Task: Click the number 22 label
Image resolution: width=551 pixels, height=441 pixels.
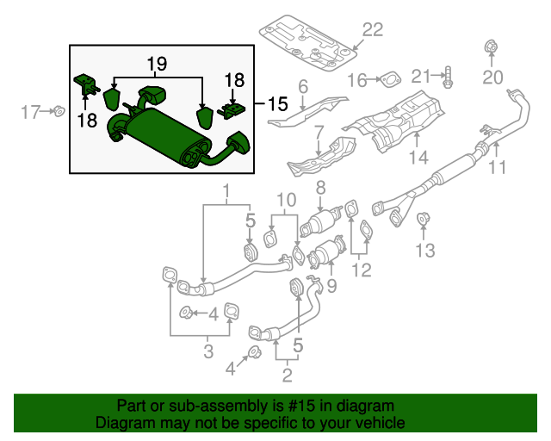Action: (x=371, y=30)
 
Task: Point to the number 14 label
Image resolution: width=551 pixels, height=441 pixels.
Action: (x=418, y=157)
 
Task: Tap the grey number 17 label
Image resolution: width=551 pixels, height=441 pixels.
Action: (x=31, y=111)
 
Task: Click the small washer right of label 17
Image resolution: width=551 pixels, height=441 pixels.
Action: (x=58, y=110)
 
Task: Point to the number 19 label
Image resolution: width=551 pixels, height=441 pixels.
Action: (x=155, y=64)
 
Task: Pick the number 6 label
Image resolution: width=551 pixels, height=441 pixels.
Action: (x=302, y=86)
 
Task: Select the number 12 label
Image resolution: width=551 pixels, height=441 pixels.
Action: (x=361, y=270)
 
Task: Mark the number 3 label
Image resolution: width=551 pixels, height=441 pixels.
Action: (x=206, y=350)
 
